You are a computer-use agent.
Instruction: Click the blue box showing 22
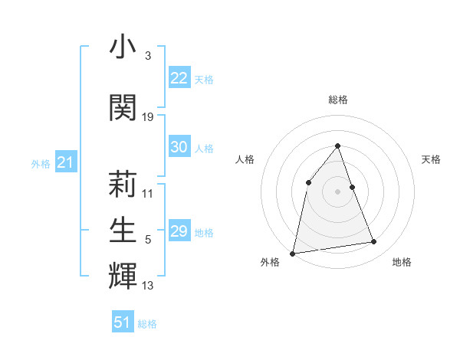[179, 78]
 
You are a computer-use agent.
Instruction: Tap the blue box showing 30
[179, 147]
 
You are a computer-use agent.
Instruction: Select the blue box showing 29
[179, 231]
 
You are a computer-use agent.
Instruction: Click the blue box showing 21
[64, 162]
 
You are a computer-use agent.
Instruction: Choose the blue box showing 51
[123, 322]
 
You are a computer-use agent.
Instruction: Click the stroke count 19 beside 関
[148, 116]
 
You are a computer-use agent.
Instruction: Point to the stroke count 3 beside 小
[147, 56]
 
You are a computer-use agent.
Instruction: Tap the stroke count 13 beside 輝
[148, 286]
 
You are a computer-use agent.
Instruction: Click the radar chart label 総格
[338, 100]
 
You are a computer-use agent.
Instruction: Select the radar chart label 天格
[432, 159]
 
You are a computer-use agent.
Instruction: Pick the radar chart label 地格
[402, 262]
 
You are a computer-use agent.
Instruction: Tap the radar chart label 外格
[270, 262]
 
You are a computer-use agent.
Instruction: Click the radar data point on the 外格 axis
[292, 253]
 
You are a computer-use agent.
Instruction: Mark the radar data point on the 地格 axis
[374, 242]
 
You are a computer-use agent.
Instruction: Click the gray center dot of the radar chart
[338, 191]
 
